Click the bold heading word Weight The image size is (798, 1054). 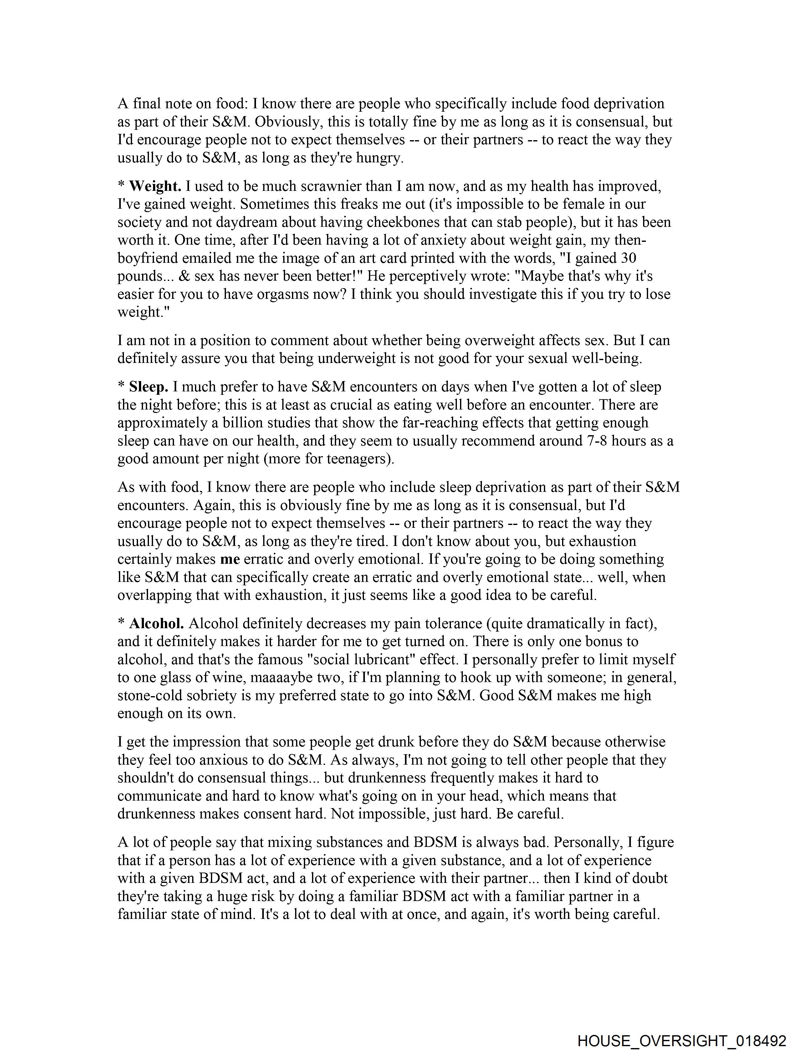coord(155,186)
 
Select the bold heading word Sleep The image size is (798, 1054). coord(149,387)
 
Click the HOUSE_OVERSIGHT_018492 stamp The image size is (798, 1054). coord(682,1040)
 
